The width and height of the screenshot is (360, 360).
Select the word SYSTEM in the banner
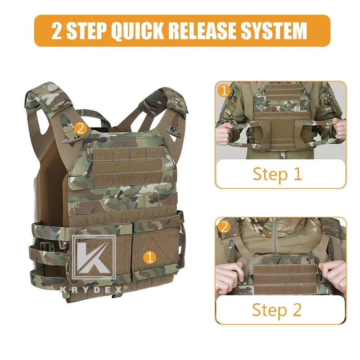pyautogui.click(x=274, y=31)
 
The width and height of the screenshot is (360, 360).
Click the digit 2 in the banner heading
pyautogui.click(x=57, y=31)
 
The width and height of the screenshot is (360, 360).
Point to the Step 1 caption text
pyautogui.click(x=277, y=174)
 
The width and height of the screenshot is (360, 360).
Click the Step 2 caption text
pyautogui.click(x=277, y=310)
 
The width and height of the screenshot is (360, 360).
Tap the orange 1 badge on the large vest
pyautogui.click(x=149, y=257)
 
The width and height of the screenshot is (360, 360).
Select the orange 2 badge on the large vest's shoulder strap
pyautogui.click(x=80, y=129)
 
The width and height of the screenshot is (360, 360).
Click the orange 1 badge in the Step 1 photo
pyautogui.click(x=224, y=90)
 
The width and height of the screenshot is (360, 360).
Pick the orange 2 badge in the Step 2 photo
pyautogui.click(x=224, y=227)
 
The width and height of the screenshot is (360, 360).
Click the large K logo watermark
pyautogui.click(x=94, y=257)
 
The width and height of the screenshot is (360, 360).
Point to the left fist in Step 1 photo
pyautogui.click(x=224, y=133)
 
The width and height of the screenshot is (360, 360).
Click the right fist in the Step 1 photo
pyautogui.click(x=339, y=129)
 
